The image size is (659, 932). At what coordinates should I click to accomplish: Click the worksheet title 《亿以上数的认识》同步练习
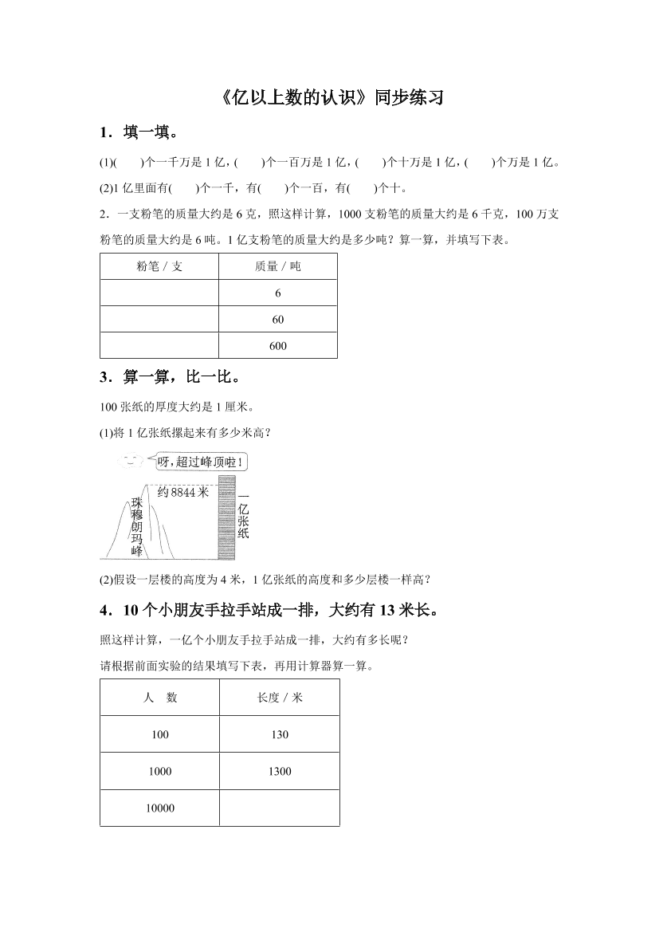pyautogui.click(x=329, y=98)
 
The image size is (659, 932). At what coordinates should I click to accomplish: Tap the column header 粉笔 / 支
pyautogui.click(x=159, y=267)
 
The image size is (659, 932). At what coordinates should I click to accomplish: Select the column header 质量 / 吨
pyautogui.click(x=278, y=267)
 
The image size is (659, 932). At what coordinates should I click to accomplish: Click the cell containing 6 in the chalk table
pyautogui.click(x=278, y=293)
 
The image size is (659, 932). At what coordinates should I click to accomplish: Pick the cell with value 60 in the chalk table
pyautogui.click(x=278, y=320)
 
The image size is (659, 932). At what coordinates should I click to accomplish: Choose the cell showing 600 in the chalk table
pyautogui.click(x=278, y=346)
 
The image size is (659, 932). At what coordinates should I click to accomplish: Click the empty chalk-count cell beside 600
pyautogui.click(x=159, y=346)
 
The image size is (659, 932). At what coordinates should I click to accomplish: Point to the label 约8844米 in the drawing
pyautogui.click(x=182, y=492)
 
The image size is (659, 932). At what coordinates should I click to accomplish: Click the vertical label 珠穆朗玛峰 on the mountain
pyautogui.click(x=137, y=526)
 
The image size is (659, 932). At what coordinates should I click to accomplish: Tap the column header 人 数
pyautogui.click(x=160, y=698)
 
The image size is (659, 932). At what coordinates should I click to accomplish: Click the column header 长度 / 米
pyautogui.click(x=280, y=698)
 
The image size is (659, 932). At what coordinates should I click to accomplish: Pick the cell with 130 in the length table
pyautogui.click(x=280, y=734)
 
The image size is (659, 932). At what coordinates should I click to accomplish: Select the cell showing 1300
pyautogui.click(x=280, y=771)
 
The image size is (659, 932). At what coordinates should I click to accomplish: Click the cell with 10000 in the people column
pyautogui.click(x=160, y=808)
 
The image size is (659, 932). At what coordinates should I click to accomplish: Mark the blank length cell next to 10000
pyautogui.click(x=280, y=808)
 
